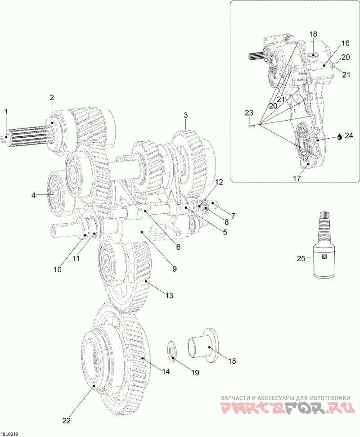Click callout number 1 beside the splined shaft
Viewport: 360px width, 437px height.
6,112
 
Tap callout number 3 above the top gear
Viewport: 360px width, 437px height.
185,115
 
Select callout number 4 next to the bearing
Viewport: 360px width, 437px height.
33,195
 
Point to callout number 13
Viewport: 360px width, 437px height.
169,295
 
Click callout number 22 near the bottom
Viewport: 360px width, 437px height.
67,420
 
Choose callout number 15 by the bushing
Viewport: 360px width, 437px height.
232,361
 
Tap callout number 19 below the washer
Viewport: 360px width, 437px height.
195,373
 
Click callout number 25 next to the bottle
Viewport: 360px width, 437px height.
301,258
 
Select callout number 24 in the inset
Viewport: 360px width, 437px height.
349,135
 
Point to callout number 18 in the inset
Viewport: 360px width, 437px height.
313,34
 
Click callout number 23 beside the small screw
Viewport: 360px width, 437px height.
249,113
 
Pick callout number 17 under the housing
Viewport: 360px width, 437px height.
297,178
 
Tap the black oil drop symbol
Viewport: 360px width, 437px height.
339,136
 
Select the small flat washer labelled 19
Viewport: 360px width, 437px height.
171,350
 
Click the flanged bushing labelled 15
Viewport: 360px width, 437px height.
202,346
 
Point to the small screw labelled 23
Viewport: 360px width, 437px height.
251,126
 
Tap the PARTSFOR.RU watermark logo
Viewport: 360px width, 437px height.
288,408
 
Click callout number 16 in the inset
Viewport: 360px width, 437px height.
345,43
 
